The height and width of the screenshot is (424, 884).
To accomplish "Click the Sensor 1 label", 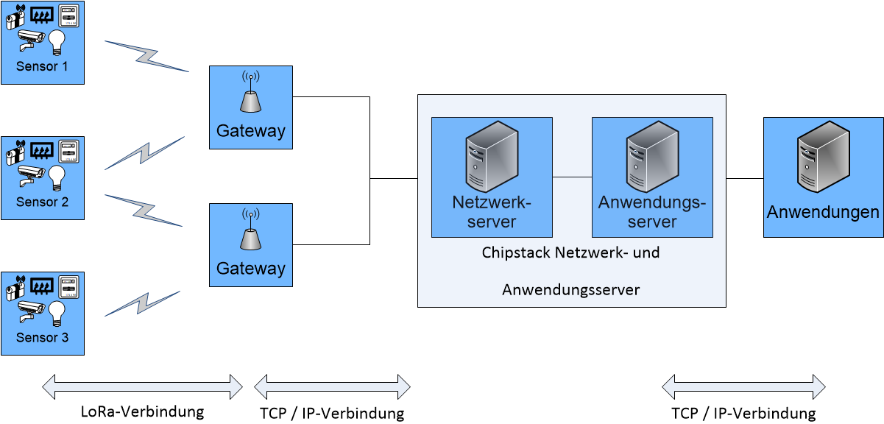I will [42, 66].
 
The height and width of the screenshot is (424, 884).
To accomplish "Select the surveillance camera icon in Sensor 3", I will [29, 309].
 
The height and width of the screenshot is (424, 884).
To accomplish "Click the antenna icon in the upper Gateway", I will [250, 93].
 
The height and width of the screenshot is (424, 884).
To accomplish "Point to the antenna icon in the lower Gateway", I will [250, 231].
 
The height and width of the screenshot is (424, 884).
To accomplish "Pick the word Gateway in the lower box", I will [250, 269].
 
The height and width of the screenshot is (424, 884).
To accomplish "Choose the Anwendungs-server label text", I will [652, 212].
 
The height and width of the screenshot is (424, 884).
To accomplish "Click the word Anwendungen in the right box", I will [823, 213].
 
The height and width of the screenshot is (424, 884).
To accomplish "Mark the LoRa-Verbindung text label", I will [142, 411].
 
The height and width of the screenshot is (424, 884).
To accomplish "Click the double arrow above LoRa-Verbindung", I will [142, 384].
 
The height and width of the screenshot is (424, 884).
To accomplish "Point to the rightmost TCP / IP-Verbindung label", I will [743, 413].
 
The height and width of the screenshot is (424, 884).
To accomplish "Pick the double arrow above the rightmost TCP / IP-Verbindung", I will [743, 385].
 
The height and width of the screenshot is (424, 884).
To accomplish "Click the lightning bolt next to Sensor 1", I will [147, 56].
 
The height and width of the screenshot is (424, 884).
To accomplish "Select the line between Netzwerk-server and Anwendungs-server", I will [572, 177].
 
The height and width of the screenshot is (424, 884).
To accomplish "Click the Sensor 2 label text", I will [42, 202].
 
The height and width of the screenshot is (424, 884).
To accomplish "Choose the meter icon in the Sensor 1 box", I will [68, 16].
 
